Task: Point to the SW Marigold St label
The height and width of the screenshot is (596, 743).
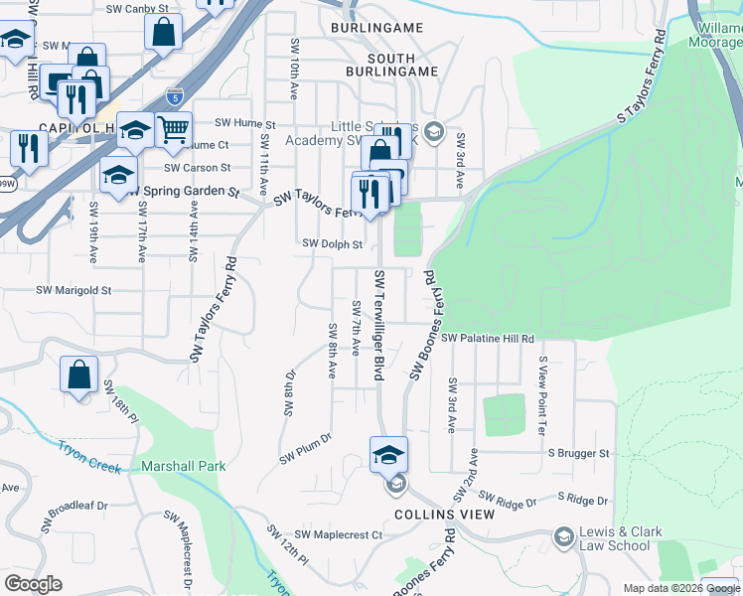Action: coord(74,291)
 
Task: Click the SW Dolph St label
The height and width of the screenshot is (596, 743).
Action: coord(332,243)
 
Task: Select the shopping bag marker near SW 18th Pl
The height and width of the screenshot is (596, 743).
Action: coord(79,375)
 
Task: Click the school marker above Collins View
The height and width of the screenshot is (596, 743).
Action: coord(389,454)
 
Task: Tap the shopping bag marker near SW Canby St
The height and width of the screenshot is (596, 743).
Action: coord(163,32)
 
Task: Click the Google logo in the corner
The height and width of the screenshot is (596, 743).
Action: coord(33,584)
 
